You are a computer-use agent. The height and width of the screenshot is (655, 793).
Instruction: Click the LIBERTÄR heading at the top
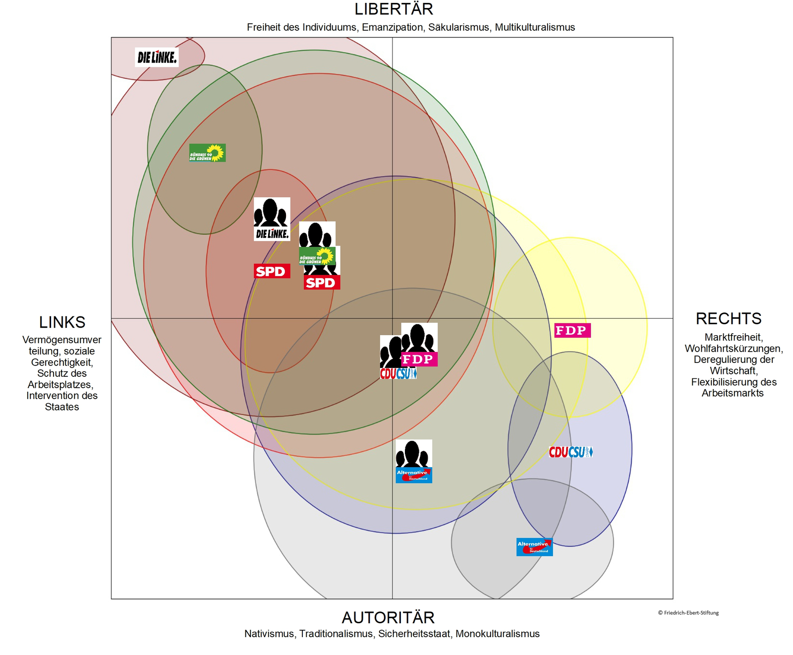click(394, 9)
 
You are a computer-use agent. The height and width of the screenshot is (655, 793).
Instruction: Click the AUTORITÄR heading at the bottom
click(388, 618)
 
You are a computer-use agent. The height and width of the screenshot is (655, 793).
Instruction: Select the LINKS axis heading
click(62, 322)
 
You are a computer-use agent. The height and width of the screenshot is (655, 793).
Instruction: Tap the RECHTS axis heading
click(728, 319)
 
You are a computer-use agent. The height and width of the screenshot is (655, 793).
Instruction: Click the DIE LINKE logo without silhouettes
click(157, 58)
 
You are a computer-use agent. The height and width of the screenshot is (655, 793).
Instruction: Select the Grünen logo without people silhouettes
click(207, 153)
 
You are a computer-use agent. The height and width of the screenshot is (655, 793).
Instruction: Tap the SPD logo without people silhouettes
click(272, 271)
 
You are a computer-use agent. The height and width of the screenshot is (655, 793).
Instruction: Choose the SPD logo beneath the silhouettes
click(322, 283)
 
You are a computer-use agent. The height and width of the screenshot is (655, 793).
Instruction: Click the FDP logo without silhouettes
click(572, 330)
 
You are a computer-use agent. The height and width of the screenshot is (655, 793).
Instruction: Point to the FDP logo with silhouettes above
click(419, 359)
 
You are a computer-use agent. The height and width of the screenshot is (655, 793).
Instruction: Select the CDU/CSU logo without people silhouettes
click(570, 452)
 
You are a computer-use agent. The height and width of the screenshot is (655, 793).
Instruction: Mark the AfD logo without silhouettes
click(534, 547)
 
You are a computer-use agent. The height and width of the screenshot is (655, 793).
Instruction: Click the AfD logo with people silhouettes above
click(414, 475)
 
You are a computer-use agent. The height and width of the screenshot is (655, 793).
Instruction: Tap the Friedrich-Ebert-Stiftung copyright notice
click(688, 613)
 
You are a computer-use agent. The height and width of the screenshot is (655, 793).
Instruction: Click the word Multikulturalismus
click(535, 28)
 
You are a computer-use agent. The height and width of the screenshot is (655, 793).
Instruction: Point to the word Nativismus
click(269, 634)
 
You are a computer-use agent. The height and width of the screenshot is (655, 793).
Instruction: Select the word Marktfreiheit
click(733, 337)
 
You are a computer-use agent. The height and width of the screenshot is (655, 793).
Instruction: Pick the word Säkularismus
click(458, 28)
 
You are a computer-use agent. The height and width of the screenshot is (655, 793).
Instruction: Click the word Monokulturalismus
click(497, 634)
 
